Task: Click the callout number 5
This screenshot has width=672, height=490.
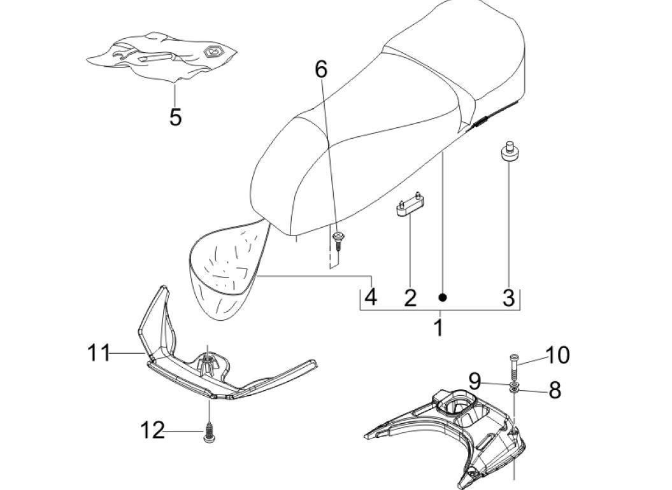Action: (x=175, y=117)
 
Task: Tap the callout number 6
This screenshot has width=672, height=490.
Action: (x=321, y=69)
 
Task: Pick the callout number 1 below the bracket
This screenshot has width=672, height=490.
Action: (x=438, y=328)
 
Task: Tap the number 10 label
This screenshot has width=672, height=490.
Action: (x=557, y=355)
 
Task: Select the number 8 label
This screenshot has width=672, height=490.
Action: (x=554, y=390)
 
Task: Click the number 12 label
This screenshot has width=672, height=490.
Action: (x=152, y=431)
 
